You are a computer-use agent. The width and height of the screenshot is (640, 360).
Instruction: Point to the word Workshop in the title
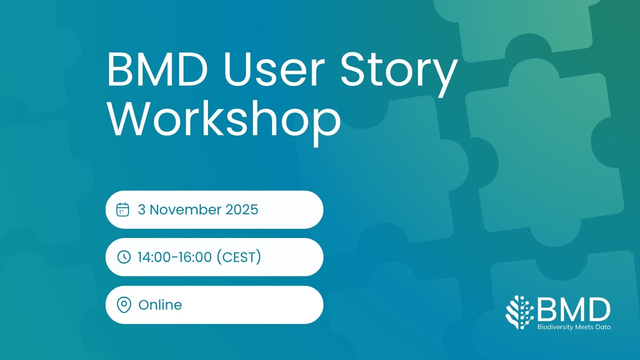pyautogui.click(x=224, y=119)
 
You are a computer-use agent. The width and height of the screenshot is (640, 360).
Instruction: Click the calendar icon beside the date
pyautogui.click(x=123, y=210)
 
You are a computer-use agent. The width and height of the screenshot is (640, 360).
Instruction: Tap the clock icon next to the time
pyautogui.click(x=124, y=257)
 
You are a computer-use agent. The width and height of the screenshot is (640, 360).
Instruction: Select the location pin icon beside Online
pyautogui.click(x=124, y=305)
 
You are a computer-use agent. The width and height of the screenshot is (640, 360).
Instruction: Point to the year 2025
pyautogui.click(x=242, y=210)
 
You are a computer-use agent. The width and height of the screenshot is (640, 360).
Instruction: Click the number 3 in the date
pyautogui.click(x=142, y=210)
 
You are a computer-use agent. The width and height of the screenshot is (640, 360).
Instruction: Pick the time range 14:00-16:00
pyautogui.click(x=174, y=257)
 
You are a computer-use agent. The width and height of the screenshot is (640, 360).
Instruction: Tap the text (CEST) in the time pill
pyautogui.click(x=239, y=257)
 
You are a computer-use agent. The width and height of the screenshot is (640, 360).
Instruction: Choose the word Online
pyautogui.click(x=160, y=305)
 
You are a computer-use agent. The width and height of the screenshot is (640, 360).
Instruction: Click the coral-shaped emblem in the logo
pyautogui.click(x=520, y=312)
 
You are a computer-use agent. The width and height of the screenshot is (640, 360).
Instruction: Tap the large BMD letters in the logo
pyautogui.click(x=574, y=310)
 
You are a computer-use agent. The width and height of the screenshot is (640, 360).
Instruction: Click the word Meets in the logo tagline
pyautogui.click(x=586, y=327)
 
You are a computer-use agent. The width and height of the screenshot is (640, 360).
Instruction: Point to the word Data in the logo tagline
pyautogui.click(x=604, y=327)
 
